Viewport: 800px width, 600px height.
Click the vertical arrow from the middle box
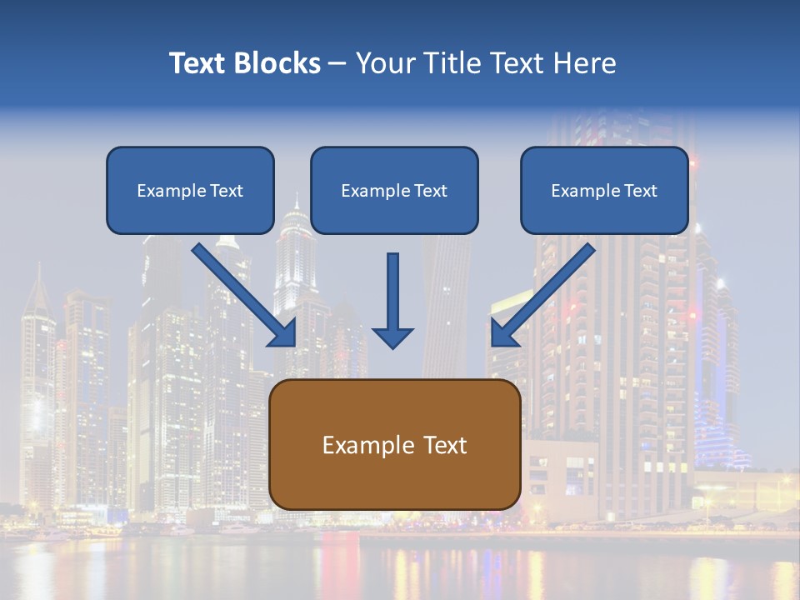pyautogui.click(x=392, y=292)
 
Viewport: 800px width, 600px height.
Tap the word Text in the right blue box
pyautogui.click(x=639, y=191)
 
